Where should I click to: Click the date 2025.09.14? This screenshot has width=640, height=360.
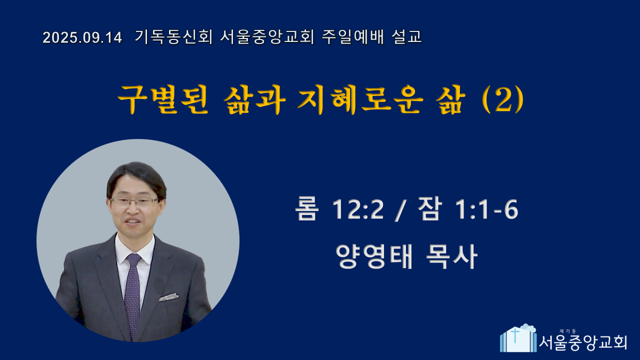pyautogui.click(x=82, y=37)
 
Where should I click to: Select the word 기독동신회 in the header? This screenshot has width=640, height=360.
pyautogui.click(x=173, y=37)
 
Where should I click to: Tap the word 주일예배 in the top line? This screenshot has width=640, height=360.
pyautogui.click(x=353, y=37)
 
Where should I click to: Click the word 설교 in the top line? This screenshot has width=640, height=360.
pyautogui.click(x=407, y=37)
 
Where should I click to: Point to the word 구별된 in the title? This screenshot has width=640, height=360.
pyautogui.click(x=163, y=99)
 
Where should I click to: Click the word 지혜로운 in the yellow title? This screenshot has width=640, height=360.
pyautogui.click(x=360, y=99)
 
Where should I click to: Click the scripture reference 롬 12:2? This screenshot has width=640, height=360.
pyautogui.click(x=339, y=209)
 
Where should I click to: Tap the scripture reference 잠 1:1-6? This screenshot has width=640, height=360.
pyautogui.click(x=468, y=209)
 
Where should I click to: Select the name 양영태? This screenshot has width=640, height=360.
pyautogui.click(x=374, y=256)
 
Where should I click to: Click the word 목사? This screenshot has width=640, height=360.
pyautogui.click(x=451, y=256)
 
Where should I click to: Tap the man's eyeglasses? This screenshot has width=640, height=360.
pyautogui.click(x=134, y=201)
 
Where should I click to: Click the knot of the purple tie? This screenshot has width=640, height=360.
pyautogui.click(x=133, y=258)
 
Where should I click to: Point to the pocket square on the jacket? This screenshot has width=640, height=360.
pyautogui.click(x=169, y=297)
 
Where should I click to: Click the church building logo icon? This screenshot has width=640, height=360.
pyautogui.click(x=518, y=338)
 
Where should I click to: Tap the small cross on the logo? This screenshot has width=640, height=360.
pyautogui.click(x=515, y=335)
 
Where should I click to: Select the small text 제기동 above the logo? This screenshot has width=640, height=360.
pyautogui.click(x=567, y=331)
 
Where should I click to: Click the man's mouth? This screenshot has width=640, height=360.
pyautogui.click(x=132, y=222)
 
